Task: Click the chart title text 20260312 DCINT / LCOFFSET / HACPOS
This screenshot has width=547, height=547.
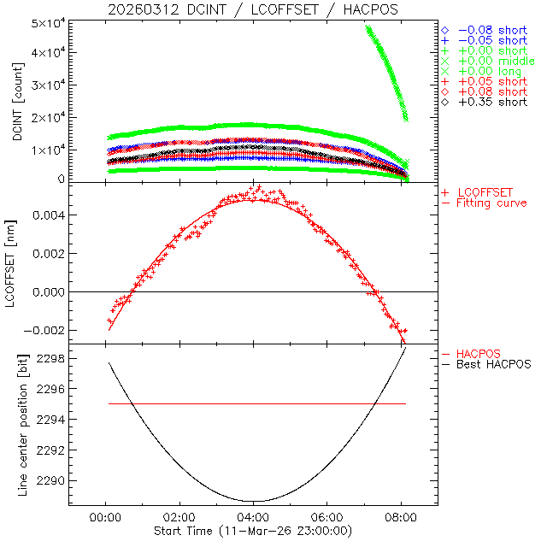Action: (x=253, y=9)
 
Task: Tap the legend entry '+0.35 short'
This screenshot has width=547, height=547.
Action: (x=492, y=102)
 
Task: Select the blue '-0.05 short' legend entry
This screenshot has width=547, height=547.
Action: (x=492, y=40)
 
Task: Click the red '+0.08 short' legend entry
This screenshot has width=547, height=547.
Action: (x=492, y=91)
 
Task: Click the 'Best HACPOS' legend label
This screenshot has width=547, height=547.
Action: (x=494, y=364)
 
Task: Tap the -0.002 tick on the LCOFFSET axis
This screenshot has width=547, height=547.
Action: (x=42, y=330)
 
